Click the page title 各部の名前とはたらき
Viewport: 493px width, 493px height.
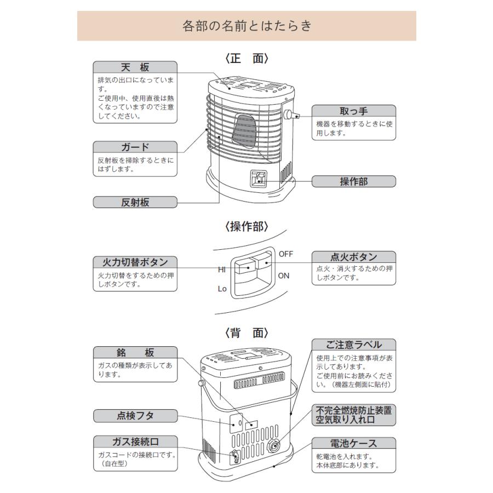(246, 26)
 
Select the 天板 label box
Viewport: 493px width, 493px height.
(135, 67)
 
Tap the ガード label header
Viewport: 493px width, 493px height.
(135, 147)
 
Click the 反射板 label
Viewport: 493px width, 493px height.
(135, 202)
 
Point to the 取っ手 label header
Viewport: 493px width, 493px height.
(353, 111)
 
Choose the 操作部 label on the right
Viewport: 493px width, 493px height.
(353, 181)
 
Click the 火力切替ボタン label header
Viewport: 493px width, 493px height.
(135, 262)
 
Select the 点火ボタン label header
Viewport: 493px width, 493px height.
(353, 257)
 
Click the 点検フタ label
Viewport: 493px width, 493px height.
(135, 416)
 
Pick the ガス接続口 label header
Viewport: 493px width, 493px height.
(135, 442)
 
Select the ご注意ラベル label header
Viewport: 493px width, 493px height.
(353, 345)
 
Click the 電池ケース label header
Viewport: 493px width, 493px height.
(353, 443)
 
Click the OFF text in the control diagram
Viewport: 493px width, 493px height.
(286, 254)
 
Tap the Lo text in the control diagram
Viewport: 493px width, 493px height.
(222, 289)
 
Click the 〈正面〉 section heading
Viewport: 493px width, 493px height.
(246, 58)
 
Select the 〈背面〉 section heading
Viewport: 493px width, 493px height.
(246, 333)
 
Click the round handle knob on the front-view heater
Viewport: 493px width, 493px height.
(287, 114)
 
